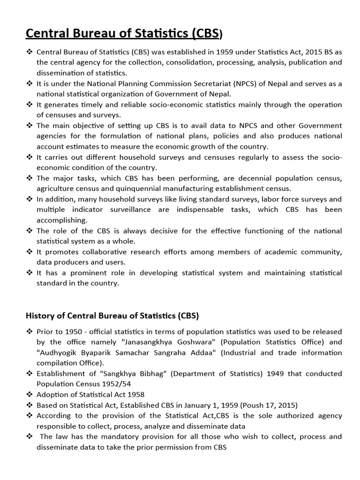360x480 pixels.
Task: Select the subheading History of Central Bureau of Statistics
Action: coord(112,316)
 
